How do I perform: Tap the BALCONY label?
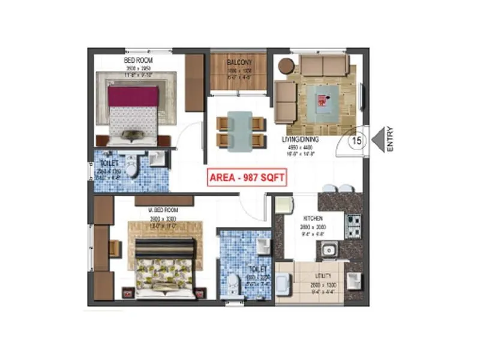239,63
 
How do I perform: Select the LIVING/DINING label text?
300,140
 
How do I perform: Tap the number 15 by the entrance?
356,141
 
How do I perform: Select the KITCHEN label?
313,218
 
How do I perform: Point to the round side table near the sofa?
286,65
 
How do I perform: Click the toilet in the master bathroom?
235,283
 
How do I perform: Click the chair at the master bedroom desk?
114,247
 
